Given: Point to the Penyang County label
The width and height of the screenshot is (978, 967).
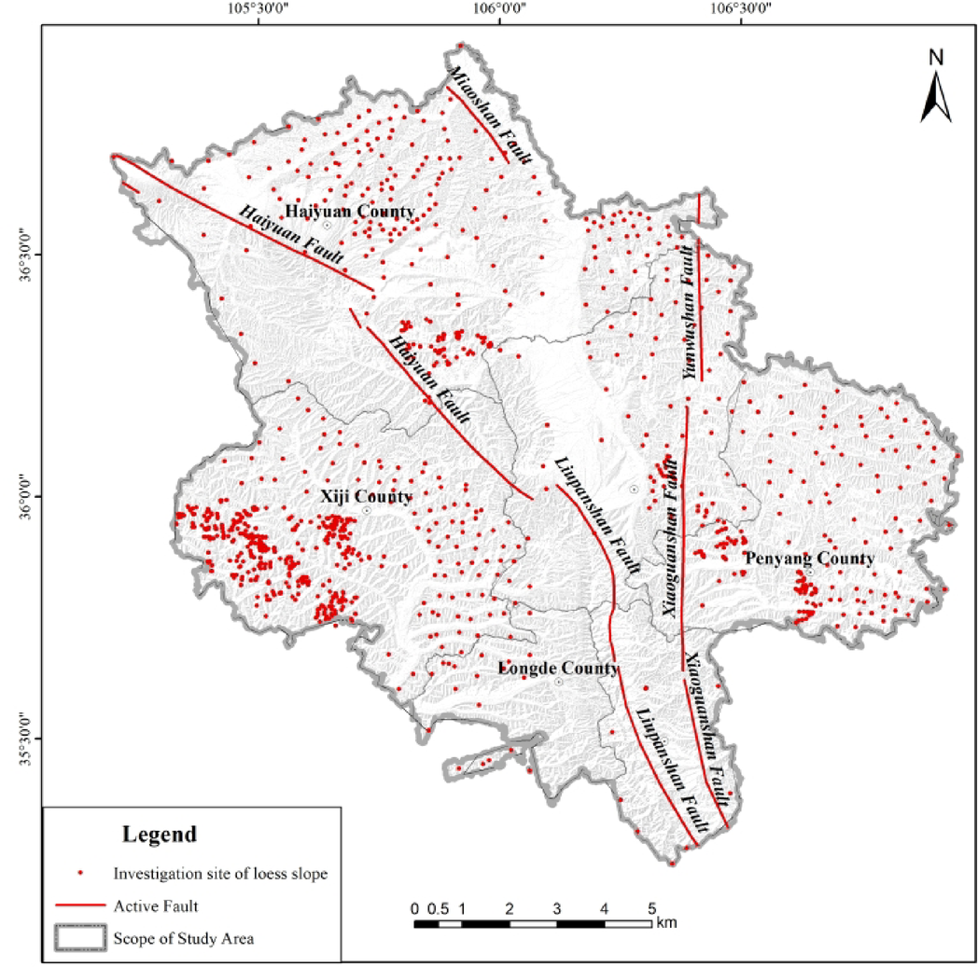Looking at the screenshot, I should pyautogui.click(x=809, y=559).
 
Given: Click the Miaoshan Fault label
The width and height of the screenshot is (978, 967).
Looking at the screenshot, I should pyautogui.click(x=489, y=116).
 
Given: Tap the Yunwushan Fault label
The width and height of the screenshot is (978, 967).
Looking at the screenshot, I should pyautogui.click(x=690, y=311).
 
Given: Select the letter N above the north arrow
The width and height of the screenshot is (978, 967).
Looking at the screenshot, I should pyautogui.click(x=936, y=57).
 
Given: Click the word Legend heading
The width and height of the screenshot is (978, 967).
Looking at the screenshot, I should pyautogui.click(x=160, y=833).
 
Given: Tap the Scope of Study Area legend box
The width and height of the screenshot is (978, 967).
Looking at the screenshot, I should pyautogui.click(x=79, y=938).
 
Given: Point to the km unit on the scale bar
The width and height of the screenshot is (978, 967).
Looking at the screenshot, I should pyautogui.click(x=665, y=923).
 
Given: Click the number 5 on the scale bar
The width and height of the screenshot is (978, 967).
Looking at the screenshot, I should pyautogui.click(x=651, y=908).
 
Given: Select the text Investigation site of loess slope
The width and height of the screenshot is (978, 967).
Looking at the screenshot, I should pyautogui.click(x=221, y=874).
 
